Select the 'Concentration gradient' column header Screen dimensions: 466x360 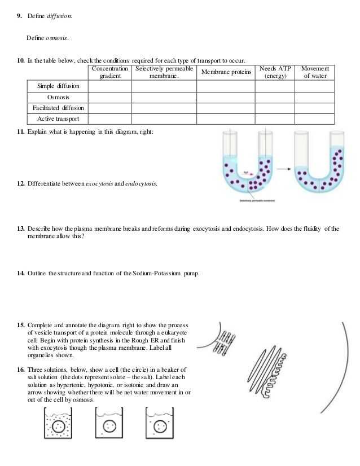pyautogui.click(x=111, y=72)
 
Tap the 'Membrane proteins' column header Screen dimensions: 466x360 pyautogui.click(x=226, y=72)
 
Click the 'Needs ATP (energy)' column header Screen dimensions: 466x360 pyautogui.click(x=275, y=72)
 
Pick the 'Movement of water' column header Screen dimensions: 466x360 pyautogui.click(x=315, y=72)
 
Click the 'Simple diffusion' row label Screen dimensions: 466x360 pyautogui.click(x=58, y=86)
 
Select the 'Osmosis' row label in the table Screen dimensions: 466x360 pyautogui.click(x=58, y=97)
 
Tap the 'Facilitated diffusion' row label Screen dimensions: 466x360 pyautogui.click(x=58, y=108)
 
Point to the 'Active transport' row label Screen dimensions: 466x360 pyautogui.click(x=58, y=119)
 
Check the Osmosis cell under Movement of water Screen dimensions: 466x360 pyautogui.click(x=315, y=97)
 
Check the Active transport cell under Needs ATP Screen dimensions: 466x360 pyautogui.click(x=275, y=119)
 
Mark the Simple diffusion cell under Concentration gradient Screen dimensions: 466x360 pyautogui.click(x=111, y=86)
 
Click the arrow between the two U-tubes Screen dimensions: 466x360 pyautogui.click(x=284, y=168)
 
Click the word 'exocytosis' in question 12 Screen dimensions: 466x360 pyautogui.click(x=100, y=184)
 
